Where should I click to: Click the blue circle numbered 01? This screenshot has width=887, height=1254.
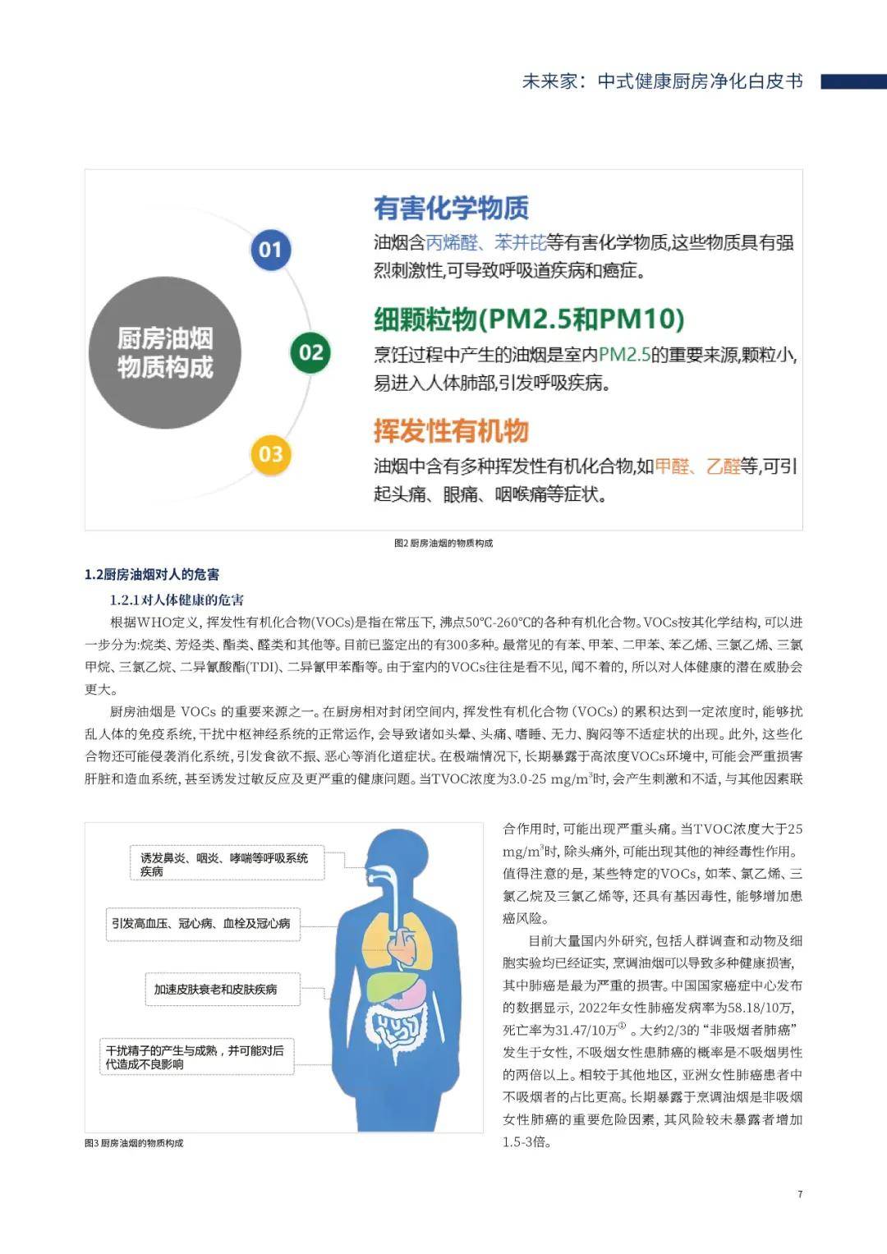[270, 250]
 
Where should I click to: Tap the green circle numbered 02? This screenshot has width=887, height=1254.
[310, 353]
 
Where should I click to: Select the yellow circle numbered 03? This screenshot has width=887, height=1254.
[270, 454]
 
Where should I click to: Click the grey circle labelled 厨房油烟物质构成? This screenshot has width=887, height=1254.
[164, 352]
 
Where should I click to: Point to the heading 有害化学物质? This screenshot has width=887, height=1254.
[451, 209]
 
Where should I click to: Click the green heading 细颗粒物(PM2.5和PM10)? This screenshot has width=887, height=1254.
[529, 319]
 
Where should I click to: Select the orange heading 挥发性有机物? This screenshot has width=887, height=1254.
[451, 431]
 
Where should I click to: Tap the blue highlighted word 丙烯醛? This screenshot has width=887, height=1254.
[452, 243]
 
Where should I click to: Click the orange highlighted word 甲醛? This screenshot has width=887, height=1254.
[673, 466]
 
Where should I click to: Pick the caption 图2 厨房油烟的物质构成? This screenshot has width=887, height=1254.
[443, 543]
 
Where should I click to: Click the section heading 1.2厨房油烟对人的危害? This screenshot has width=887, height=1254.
[152, 575]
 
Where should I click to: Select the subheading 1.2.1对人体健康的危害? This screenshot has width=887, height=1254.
[177, 600]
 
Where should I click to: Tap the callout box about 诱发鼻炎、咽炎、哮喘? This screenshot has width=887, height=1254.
[224, 864]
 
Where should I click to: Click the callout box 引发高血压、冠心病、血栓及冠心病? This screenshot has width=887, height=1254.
[201, 923]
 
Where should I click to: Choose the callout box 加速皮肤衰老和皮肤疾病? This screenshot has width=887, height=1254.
[215, 990]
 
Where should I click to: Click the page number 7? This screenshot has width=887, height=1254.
[800, 1194]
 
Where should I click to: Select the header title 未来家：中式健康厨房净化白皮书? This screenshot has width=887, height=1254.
[662, 81]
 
